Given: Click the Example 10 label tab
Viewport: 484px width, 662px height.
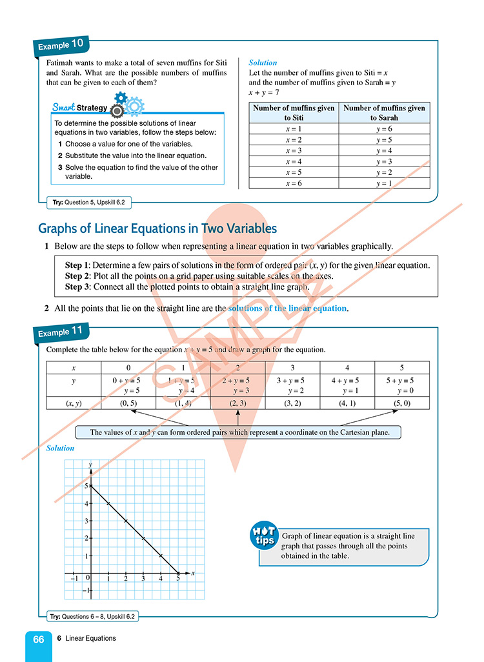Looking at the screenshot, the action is pyautogui.click(x=61, y=45).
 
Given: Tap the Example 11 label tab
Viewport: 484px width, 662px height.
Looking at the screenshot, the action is pyautogui.click(x=61, y=332).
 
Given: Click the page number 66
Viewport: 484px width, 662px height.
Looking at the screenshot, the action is pyautogui.click(x=39, y=639).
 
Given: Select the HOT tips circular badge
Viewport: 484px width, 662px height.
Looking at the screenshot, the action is pyautogui.click(x=264, y=535).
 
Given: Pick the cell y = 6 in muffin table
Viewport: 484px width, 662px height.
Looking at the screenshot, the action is pyautogui.click(x=385, y=129).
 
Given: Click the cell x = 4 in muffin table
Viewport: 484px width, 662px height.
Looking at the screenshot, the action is pyautogui.click(x=294, y=161).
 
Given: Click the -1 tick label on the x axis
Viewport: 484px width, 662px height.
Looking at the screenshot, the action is pyautogui.click(x=74, y=578).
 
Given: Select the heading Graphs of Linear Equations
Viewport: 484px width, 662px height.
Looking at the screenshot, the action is pyautogui.click(x=157, y=228).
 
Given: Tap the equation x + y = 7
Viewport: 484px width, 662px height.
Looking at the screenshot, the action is pyautogui.click(x=263, y=92).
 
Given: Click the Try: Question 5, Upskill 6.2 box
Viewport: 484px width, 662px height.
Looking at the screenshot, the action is pyautogui.click(x=88, y=203).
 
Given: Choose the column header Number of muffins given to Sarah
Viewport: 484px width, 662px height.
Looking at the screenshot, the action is pyautogui.click(x=385, y=113).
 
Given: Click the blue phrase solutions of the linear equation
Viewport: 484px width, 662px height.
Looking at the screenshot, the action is pyautogui.click(x=287, y=308).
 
